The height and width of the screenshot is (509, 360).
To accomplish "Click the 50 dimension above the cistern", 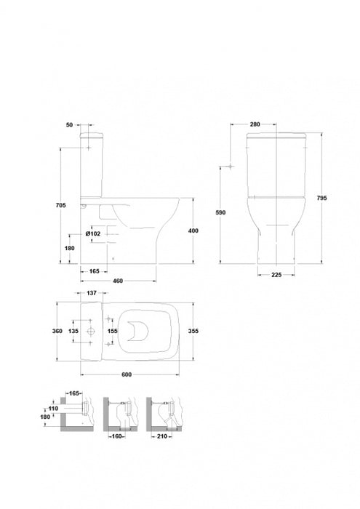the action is tap(70, 125).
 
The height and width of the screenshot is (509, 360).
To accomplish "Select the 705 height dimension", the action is tap(60, 205).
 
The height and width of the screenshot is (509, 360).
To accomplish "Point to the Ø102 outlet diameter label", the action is tap(93, 233).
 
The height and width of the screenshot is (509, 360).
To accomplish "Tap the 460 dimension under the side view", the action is tap(117, 281).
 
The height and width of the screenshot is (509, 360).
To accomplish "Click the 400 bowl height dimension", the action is tap(193, 231).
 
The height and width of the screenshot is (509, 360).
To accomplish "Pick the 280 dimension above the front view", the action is tap(255, 124).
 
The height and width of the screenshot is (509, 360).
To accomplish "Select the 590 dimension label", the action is tap(220, 212).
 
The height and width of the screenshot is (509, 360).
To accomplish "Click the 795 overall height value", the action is tap(321, 198).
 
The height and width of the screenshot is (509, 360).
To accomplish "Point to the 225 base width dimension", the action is tap(276, 275).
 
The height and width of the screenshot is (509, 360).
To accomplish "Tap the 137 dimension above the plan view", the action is tap(92, 293).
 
